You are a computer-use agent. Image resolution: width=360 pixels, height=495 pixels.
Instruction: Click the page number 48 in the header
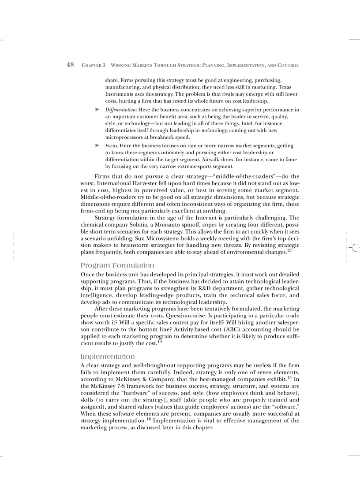[x=70, y=65]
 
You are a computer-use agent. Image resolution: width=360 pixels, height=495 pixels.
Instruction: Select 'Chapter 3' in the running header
[x=94, y=65]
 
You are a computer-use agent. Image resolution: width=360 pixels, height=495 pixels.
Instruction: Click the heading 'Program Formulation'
[x=117, y=265]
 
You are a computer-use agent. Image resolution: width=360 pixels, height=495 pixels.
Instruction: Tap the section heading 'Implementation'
[x=108, y=356]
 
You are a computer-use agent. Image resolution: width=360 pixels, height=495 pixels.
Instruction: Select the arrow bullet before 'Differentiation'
[x=96, y=109]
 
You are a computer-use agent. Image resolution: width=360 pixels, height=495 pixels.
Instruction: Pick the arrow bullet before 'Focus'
[x=96, y=145]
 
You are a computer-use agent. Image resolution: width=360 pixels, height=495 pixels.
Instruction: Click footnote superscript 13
[x=289, y=250]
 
